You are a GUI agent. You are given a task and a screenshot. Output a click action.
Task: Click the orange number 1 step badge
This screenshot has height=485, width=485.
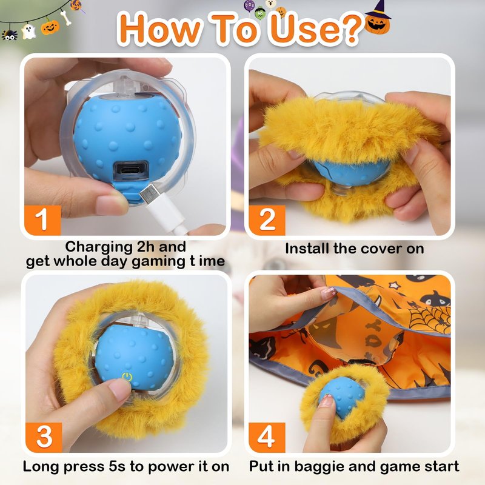click(x=42, y=220)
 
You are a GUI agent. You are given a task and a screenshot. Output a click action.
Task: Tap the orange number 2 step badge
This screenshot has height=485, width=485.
click(x=267, y=220)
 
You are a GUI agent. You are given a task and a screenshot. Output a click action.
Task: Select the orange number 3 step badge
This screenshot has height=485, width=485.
click(x=44, y=437)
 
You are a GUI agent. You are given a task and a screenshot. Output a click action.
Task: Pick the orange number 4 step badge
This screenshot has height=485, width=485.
click(x=267, y=437)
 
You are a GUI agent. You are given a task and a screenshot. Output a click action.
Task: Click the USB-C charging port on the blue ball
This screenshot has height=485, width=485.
click(x=130, y=171)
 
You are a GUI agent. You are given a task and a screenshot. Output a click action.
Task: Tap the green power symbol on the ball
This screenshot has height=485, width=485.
click(x=127, y=376)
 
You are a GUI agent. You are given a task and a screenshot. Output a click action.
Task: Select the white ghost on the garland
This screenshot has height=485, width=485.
click(x=28, y=32)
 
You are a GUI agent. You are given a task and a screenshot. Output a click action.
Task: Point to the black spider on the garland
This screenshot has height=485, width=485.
click(x=9, y=35)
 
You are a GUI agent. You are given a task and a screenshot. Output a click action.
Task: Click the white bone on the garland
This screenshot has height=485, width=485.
click(x=66, y=18)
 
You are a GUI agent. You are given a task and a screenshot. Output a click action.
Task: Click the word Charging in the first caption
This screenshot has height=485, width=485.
click(x=99, y=247)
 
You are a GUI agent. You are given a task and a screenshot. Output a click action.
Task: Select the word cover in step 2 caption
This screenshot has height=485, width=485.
click(x=382, y=249)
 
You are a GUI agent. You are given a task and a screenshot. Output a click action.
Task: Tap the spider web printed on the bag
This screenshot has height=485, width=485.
click(x=429, y=318)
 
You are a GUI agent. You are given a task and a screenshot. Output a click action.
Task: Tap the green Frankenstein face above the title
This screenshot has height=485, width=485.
click(x=260, y=13)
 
